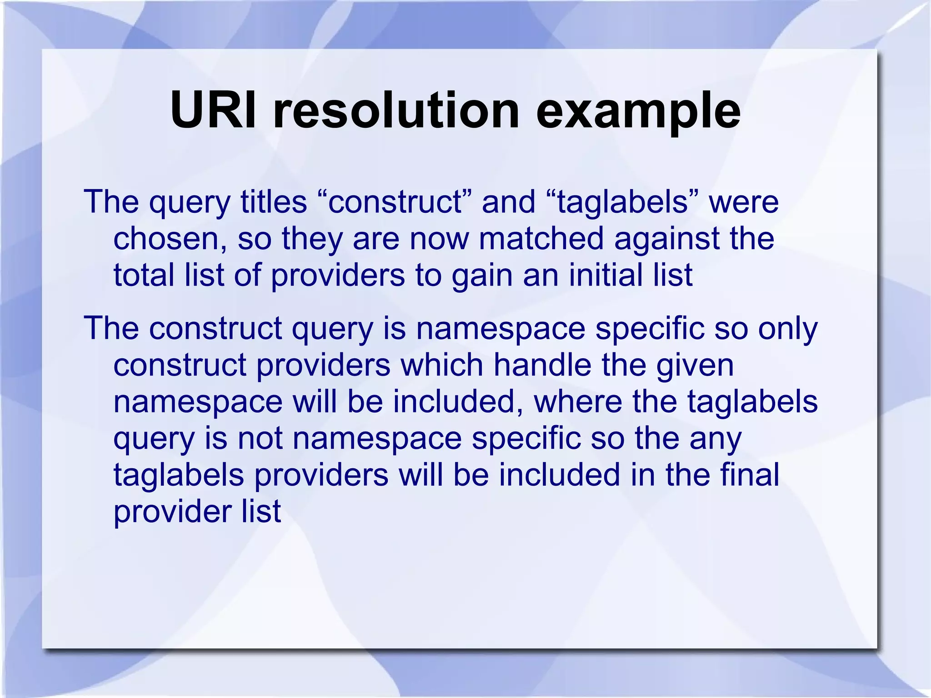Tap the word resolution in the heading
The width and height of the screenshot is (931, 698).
click(x=396, y=110)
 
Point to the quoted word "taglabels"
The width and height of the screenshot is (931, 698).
click(x=621, y=203)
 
